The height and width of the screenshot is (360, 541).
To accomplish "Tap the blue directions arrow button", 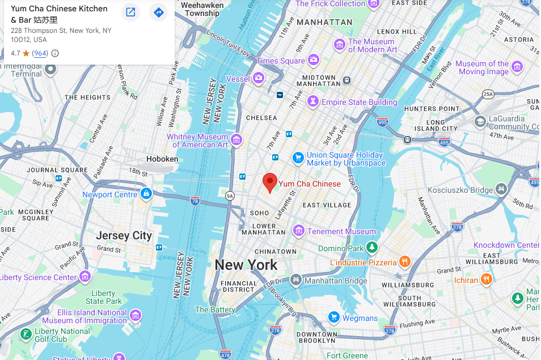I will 158,12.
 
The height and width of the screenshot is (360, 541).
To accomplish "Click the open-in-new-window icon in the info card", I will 130,12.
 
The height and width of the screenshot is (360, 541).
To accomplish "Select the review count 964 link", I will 40,53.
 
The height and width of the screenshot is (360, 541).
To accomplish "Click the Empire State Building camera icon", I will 312,102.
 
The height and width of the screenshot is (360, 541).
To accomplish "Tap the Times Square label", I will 281,61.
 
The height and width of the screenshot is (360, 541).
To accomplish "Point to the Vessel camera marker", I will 259,78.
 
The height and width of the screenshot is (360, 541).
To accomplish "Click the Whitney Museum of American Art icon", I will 236,139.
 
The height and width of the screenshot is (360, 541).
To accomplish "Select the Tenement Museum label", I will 341,231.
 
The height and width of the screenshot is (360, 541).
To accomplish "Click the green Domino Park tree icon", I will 372,248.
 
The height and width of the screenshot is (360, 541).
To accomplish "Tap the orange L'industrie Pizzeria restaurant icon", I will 404,262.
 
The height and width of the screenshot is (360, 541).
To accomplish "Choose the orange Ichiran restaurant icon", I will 486,279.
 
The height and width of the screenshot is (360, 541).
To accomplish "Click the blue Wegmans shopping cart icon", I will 334,317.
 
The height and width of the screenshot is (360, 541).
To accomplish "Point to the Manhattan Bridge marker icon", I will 295,280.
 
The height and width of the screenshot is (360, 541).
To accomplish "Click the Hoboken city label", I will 162,159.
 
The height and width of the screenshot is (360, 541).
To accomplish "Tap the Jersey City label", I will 124,235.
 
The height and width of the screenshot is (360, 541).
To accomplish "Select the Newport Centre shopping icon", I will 146,194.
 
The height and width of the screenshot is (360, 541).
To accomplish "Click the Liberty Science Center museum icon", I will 85,277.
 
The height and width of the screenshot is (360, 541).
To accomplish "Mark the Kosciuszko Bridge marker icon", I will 501,189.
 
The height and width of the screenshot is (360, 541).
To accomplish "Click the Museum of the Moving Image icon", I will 517,67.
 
